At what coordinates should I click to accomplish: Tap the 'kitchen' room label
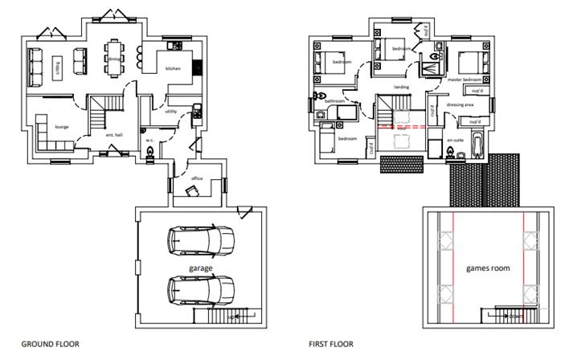pyautogui.click(x=173, y=69)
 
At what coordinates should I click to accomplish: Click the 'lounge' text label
pyautogui.click(x=61, y=127)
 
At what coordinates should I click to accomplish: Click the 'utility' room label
pyautogui.click(x=170, y=112)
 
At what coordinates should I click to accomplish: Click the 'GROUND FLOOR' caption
pyautogui.click(x=50, y=343)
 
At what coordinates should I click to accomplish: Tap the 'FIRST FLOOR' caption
pyautogui.click(x=331, y=343)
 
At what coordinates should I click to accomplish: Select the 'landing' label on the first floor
pyautogui.click(x=401, y=87)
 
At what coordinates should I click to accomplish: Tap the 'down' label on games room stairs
pyautogui.click(x=514, y=317)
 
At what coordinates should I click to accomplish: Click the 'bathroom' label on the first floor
pyautogui.click(x=334, y=101)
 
